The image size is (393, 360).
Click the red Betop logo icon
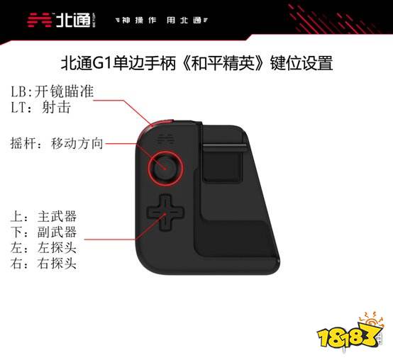click(x=39, y=20)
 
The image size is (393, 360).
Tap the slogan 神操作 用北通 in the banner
click(x=162, y=21)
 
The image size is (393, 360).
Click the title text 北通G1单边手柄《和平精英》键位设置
click(x=196, y=63)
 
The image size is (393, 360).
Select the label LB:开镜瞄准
click(x=52, y=91)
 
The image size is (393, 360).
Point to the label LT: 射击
click(x=40, y=108)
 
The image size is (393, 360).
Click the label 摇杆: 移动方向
click(x=57, y=143)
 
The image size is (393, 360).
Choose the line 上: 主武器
click(x=43, y=216)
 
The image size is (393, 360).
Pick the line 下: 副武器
click(x=43, y=232)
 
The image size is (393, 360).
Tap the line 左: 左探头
click(x=43, y=247)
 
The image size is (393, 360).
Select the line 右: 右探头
click(x=43, y=264)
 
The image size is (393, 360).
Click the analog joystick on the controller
click(x=165, y=168)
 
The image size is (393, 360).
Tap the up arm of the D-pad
click(x=165, y=202)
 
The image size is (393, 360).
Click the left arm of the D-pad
click(x=153, y=213)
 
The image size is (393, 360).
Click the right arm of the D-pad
click(x=177, y=213)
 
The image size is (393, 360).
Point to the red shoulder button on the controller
click(x=157, y=124)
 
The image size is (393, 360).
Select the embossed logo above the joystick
click(x=166, y=138)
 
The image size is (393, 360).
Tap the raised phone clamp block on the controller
click(x=223, y=163)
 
